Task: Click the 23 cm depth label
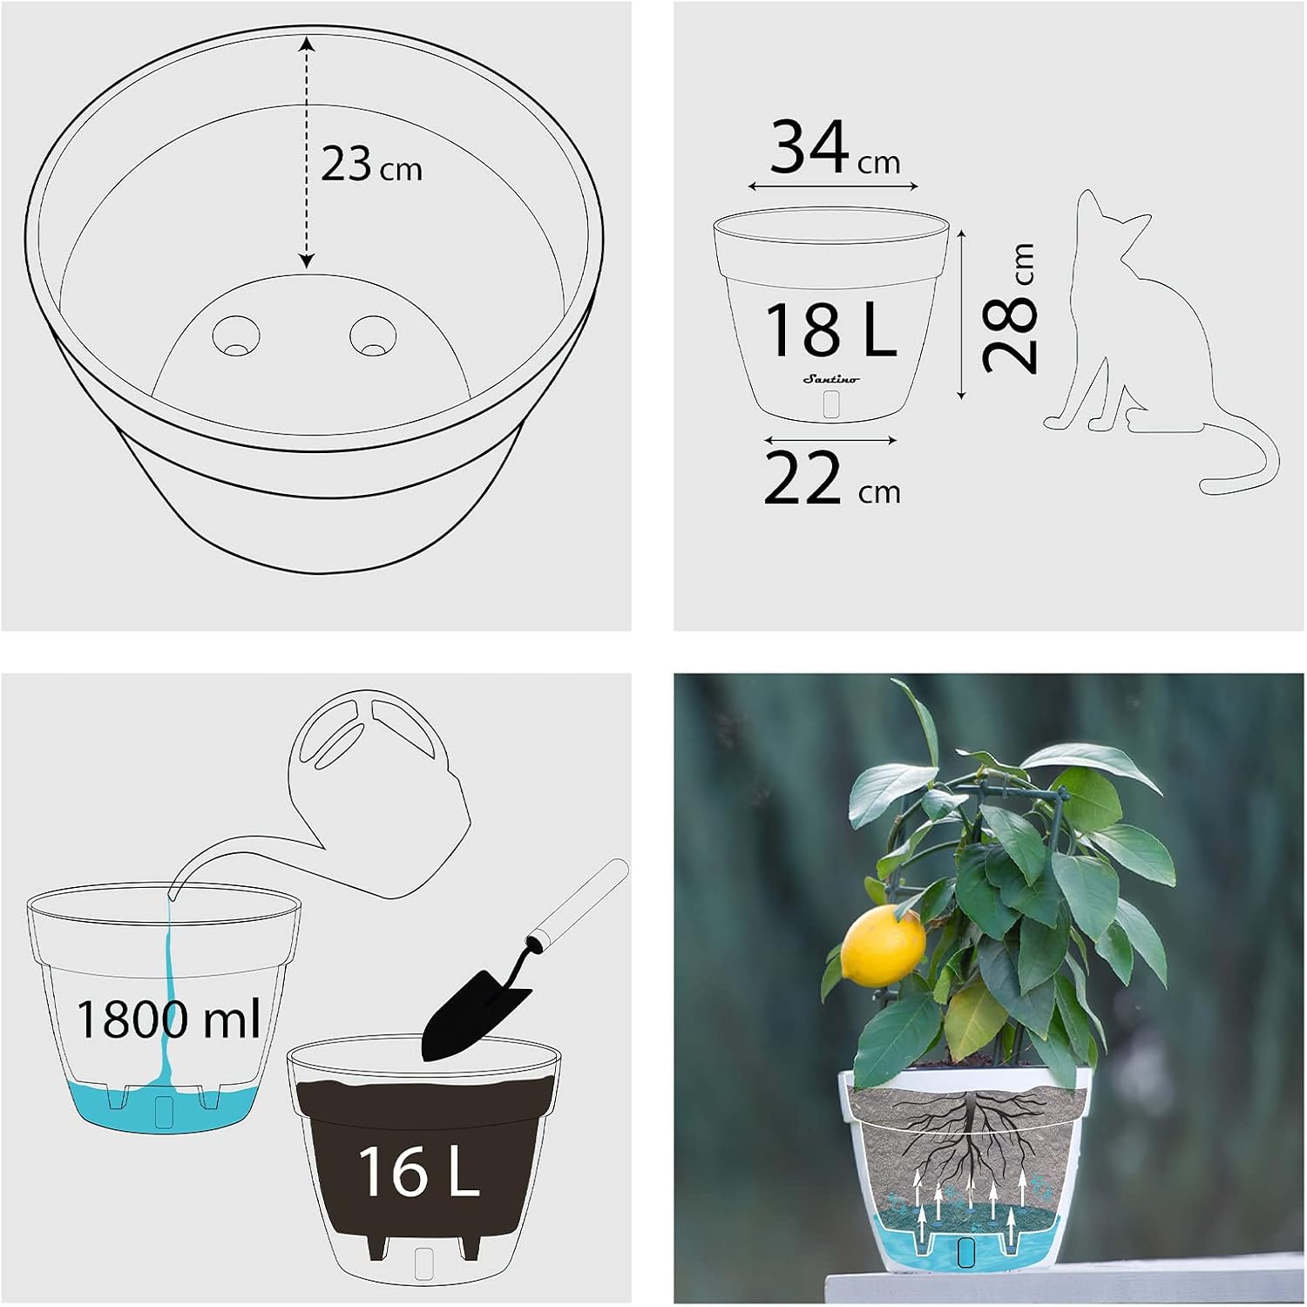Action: click(371, 164)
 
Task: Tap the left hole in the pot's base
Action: click(235, 336)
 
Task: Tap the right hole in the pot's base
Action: click(374, 336)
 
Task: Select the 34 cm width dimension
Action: click(834, 148)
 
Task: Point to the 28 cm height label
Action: click(1010, 308)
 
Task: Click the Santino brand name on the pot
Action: click(830, 379)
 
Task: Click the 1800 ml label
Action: click(167, 1018)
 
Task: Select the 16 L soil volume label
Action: click(418, 1172)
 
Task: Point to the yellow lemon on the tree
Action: click(883, 946)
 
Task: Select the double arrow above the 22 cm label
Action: click(831, 440)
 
